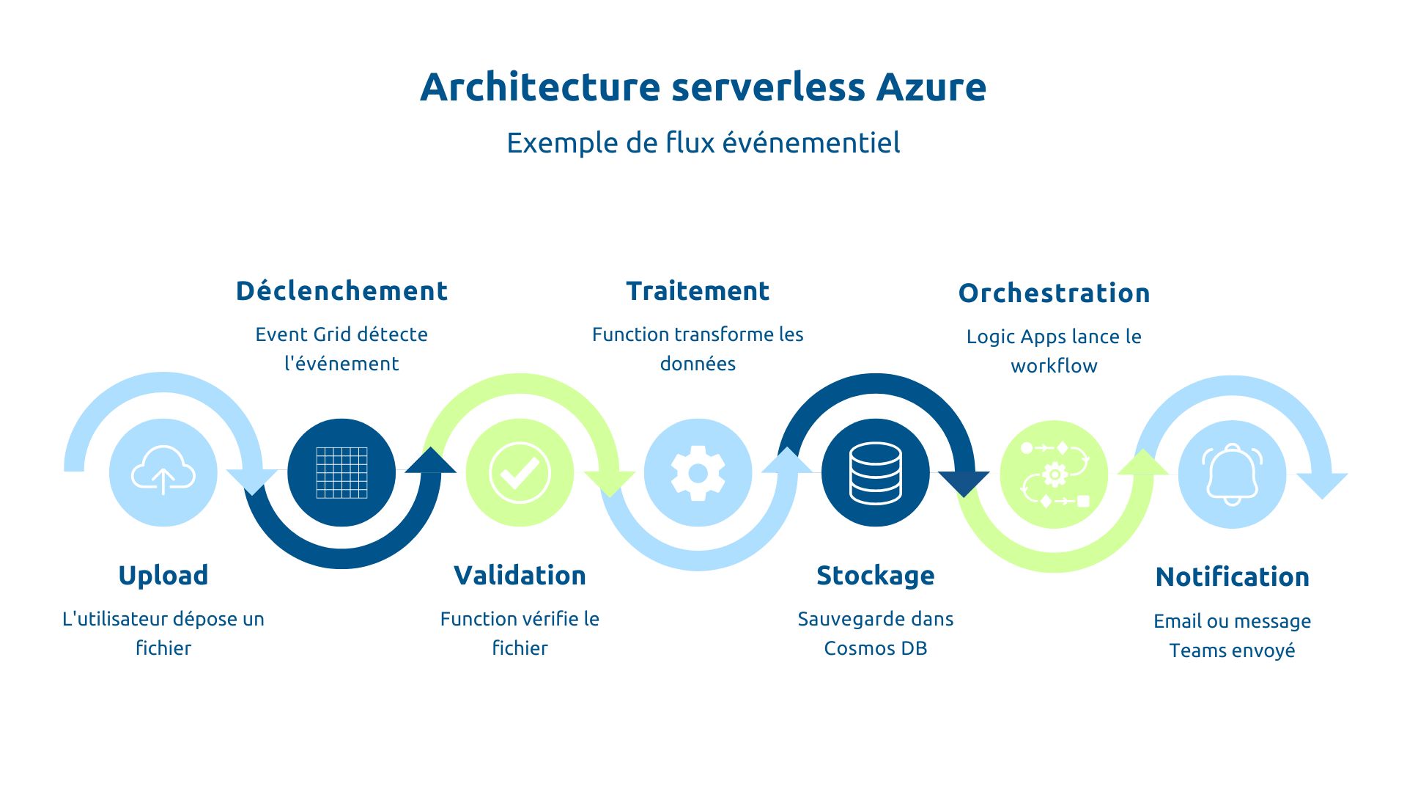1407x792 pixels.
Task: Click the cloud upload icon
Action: tap(163, 472)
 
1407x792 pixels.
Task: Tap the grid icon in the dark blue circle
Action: tap(341, 472)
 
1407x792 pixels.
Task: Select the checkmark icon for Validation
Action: tap(520, 472)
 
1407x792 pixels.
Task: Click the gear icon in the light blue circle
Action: tap(698, 472)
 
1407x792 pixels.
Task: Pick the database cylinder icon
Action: tap(876, 473)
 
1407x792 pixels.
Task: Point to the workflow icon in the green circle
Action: tap(1054, 474)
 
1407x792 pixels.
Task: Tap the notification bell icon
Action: tap(1232, 474)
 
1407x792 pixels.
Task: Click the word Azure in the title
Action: tap(931, 87)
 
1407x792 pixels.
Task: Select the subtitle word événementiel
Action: tap(811, 142)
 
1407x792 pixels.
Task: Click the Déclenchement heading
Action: tap(341, 291)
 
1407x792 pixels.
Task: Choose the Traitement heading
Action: tap(698, 291)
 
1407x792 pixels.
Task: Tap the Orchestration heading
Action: tap(1054, 293)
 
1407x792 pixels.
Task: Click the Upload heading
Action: tap(163, 575)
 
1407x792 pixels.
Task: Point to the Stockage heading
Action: tap(876, 576)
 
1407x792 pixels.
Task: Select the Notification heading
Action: tap(1232, 577)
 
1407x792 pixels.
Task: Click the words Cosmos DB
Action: tap(876, 648)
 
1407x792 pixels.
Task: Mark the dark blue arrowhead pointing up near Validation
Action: tap(431, 461)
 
